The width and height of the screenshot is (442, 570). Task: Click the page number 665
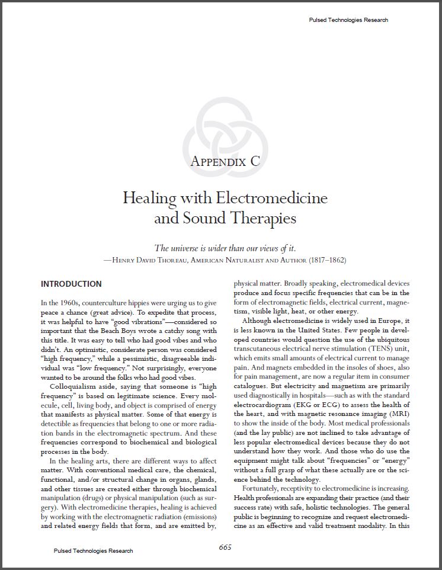[225, 547]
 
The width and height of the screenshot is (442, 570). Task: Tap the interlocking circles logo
[221, 134]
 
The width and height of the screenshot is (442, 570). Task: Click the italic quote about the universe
[225, 248]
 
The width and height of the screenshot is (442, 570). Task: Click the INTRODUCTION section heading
[71, 284]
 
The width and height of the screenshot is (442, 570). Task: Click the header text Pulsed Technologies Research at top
[349, 20]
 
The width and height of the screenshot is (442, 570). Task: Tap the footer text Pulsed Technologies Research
[93, 550]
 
